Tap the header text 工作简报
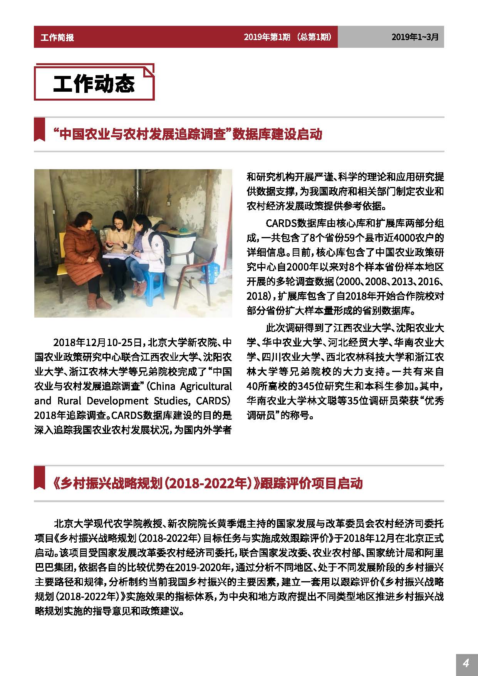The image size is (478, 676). pos(57,37)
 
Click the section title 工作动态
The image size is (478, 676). pos(94,83)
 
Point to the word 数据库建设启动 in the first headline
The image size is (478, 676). pos(277,135)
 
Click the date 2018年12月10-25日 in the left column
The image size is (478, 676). pos(99,342)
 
